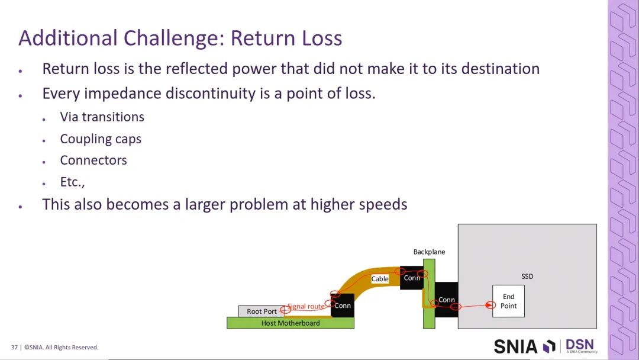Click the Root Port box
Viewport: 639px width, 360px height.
[x=262, y=311]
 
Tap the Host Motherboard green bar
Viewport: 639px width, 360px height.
[x=291, y=323]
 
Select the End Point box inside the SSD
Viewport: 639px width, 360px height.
[x=508, y=301]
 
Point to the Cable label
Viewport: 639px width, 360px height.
[x=380, y=279]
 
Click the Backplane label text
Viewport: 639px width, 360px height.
[x=429, y=252]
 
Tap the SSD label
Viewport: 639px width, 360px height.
[x=527, y=277]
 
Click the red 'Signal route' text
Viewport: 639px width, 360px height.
[x=306, y=306]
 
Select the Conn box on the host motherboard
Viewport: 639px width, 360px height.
[x=343, y=306]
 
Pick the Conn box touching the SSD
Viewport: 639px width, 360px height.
[x=446, y=300]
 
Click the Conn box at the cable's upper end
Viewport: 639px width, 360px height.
[x=412, y=278]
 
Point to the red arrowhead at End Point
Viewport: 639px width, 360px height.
[x=491, y=304]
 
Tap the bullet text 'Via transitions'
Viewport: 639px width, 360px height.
[x=102, y=117]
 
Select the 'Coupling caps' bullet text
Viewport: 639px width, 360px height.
[x=101, y=139]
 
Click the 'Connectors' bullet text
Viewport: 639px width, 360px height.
[x=93, y=160]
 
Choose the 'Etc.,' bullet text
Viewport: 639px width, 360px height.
[x=72, y=182]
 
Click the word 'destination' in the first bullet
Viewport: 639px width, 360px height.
[x=501, y=69]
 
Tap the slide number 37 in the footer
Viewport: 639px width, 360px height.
[x=14, y=348]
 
